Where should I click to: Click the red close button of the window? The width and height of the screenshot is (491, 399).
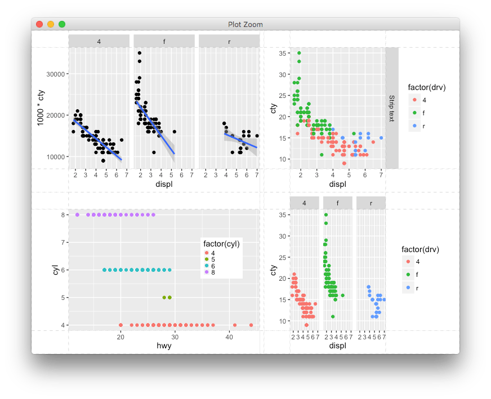click(x=39, y=24)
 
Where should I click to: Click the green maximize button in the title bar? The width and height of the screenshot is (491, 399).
click(x=62, y=24)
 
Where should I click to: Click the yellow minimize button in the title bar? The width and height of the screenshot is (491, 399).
click(x=51, y=24)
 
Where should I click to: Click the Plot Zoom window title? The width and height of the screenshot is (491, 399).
click(x=245, y=24)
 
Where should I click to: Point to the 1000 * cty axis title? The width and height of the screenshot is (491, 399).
click(x=41, y=107)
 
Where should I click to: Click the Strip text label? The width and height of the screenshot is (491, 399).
click(x=392, y=108)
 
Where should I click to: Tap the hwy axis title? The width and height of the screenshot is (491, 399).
click(x=164, y=346)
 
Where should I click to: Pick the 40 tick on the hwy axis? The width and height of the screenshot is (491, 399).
click(x=229, y=337)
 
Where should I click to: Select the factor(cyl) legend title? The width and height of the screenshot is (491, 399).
click(x=222, y=244)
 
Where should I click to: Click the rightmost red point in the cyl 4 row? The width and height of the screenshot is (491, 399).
click(x=251, y=325)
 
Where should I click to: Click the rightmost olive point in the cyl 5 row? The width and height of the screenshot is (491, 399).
click(x=169, y=297)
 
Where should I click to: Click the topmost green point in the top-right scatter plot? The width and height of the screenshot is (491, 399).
click(x=299, y=53)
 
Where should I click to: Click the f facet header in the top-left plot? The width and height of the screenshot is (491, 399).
click(x=164, y=41)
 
